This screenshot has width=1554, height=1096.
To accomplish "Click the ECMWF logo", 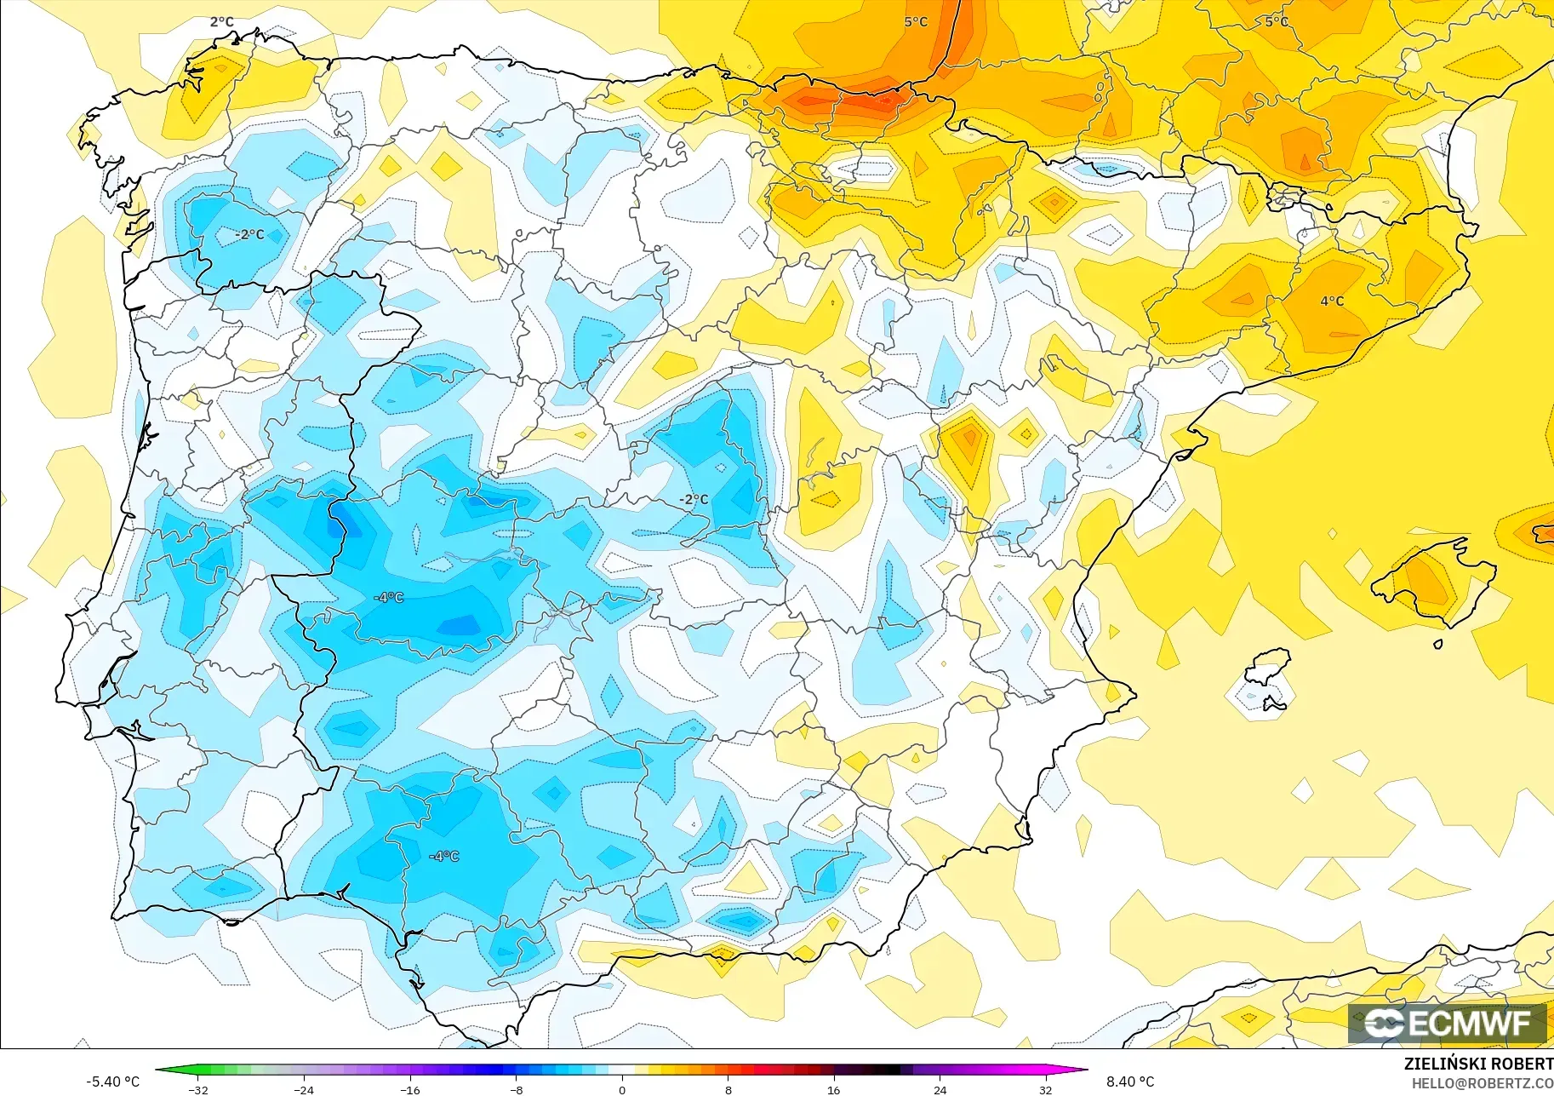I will click(x=1447, y=1023).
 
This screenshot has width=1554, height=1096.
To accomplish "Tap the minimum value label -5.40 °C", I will click(x=112, y=1082).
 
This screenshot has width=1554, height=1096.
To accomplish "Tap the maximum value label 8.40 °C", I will click(x=1130, y=1082).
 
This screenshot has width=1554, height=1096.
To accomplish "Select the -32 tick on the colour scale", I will click(x=198, y=1090).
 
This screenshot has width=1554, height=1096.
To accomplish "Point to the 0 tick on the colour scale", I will click(x=622, y=1090).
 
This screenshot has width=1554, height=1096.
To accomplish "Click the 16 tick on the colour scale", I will click(x=833, y=1090).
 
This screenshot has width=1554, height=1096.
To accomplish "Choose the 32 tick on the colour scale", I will click(x=1045, y=1090).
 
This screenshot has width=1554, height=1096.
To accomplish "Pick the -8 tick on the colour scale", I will click(x=517, y=1090).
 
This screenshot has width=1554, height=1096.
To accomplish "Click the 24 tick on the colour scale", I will click(x=940, y=1090).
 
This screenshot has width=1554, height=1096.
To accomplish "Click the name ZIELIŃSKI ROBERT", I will click(x=1478, y=1064).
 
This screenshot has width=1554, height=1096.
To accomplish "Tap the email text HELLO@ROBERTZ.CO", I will click(x=1482, y=1084).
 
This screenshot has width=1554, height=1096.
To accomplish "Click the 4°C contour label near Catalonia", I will click(x=1332, y=301).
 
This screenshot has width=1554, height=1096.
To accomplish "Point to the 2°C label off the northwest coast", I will click(x=221, y=22).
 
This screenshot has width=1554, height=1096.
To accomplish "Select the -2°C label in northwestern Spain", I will click(x=250, y=234).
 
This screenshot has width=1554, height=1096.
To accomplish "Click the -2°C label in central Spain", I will click(x=694, y=499).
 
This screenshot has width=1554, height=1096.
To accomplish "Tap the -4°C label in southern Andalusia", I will click(x=444, y=856).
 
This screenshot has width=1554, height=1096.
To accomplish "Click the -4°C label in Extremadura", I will click(x=389, y=598).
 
